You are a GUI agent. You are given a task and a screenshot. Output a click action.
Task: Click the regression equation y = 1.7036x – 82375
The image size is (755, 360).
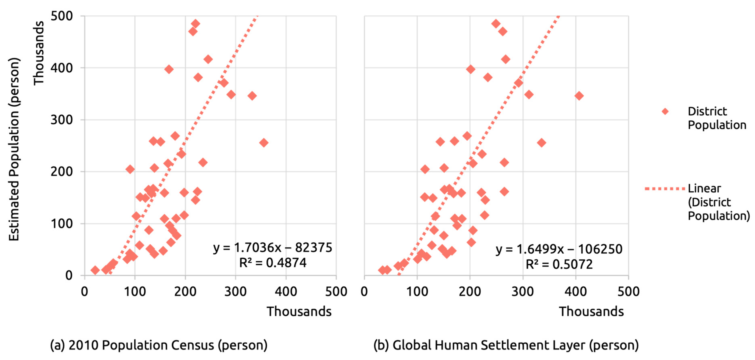pyautogui.click(x=273, y=248)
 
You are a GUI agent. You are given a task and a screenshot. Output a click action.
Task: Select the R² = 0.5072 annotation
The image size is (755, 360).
pyautogui.click(x=559, y=264)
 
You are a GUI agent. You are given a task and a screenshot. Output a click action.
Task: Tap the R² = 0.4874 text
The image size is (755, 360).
pyautogui.click(x=273, y=263)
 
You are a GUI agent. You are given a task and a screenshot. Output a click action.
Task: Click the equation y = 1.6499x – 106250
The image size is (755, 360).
pyautogui.click(x=559, y=249)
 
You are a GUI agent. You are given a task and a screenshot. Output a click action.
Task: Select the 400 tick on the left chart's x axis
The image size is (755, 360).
pyautogui.click(x=286, y=292)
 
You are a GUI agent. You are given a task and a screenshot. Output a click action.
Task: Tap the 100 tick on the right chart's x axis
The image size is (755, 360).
pyautogui.click(x=417, y=292)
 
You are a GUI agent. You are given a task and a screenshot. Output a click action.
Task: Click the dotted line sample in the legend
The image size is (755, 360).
pyautogui.click(x=664, y=189)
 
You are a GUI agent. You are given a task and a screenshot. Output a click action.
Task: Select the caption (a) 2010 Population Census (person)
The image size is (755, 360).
pyautogui.click(x=159, y=345)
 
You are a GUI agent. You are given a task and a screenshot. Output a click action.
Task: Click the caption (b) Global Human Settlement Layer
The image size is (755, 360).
pyautogui.click(x=506, y=345)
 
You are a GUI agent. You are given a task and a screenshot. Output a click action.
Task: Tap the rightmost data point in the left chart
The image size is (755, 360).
pyautogui.click(x=264, y=143)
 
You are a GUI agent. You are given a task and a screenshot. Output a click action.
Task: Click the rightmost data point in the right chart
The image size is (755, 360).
pyautogui.click(x=579, y=96)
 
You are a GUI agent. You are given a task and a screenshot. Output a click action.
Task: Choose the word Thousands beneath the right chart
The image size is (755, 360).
pyautogui.click(x=591, y=312)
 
